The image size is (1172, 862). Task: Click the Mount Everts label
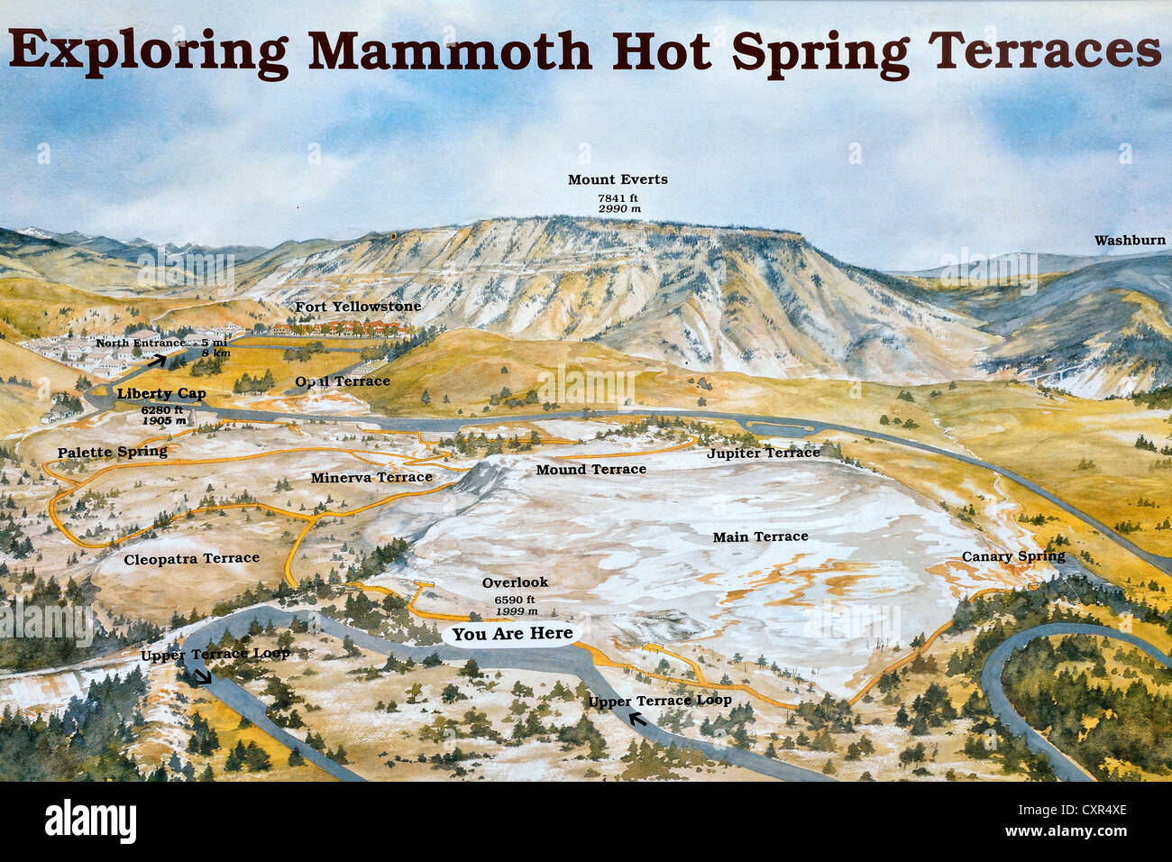[618, 179]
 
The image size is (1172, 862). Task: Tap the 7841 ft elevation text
[618, 197]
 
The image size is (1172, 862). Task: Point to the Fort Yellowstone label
[358, 307]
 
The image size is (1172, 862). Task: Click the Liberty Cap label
[161, 393]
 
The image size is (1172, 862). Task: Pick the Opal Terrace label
[343, 381]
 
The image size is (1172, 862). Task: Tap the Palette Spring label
[113, 452]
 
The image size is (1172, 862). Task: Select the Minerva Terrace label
[371, 477]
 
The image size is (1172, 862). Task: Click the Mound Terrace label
[591, 469]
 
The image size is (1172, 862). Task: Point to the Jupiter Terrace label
[764, 453]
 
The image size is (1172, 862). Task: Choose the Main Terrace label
[760, 536]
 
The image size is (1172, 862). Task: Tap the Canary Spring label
[1013, 556]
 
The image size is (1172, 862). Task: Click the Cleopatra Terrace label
[191, 558]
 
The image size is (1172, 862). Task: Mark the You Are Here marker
[512, 634]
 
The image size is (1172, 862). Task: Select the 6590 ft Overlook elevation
[515, 600]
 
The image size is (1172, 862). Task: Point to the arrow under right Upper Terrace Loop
[637, 719]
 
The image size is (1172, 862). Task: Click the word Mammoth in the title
[450, 50]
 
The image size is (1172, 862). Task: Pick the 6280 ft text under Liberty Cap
[162, 409]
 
